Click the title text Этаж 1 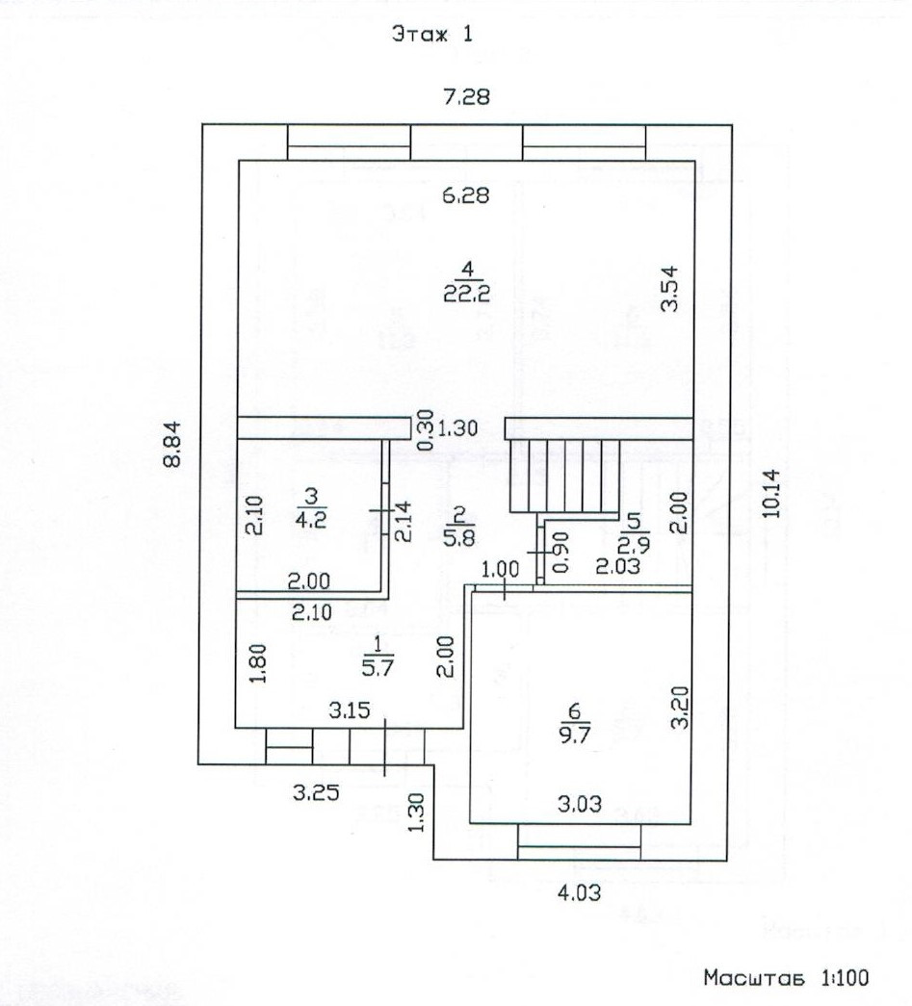[432, 34]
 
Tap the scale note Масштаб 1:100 [786, 978]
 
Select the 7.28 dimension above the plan [466, 96]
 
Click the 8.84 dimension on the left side [172, 444]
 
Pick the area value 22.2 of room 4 [466, 294]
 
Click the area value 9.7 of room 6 [574, 734]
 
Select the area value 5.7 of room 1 [378, 668]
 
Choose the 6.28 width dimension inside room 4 [466, 194]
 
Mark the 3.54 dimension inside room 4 [669, 289]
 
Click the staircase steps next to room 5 [565, 476]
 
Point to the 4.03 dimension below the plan [580, 892]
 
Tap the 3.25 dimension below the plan [317, 793]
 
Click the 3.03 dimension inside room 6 [580, 803]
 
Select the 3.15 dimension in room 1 [350, 709]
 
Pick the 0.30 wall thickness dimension [427, 430]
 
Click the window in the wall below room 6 [579, 841]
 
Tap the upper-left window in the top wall [349, 142]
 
